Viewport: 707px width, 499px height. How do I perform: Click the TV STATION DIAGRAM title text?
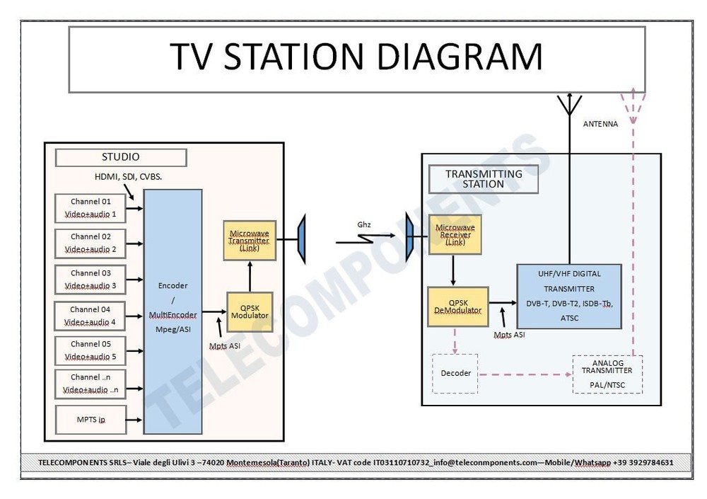click(356, 58)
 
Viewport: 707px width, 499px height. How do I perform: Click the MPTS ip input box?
click(90, 419)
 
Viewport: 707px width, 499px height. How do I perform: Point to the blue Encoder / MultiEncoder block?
click(173, 311)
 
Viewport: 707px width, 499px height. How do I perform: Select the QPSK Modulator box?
click(249, 311)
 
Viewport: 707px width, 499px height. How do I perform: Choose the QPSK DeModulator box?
click(457, 306)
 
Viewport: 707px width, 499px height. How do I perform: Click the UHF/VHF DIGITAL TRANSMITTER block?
click(569, 296)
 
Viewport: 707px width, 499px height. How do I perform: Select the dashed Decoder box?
click(455, 373)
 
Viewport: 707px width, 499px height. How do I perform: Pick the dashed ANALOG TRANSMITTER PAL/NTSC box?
click(607, 374)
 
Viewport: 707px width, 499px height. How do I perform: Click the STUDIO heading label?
click(121, 157)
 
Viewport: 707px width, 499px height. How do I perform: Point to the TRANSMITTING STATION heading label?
click(484, 179)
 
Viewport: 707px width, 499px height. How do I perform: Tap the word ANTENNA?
click(600, 124)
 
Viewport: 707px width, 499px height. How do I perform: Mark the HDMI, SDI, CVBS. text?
click(129, 176)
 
